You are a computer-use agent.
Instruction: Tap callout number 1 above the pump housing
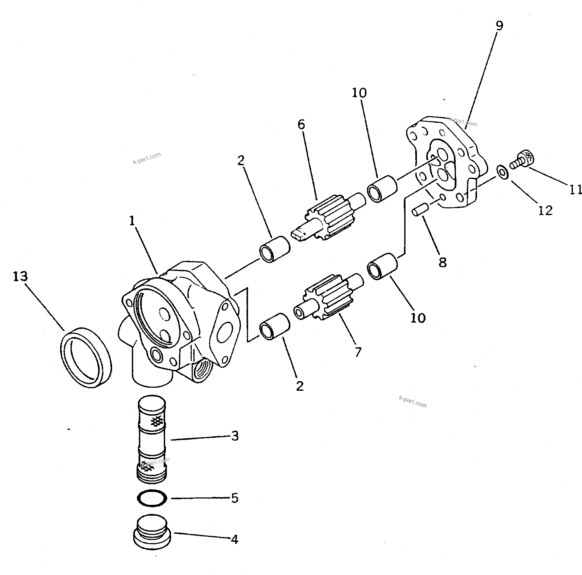click(132, 221)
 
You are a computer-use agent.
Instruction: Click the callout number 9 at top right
click(499, 26)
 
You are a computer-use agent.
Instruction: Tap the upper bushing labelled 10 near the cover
click(382, 189)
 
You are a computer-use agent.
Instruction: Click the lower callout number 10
click(418, 318)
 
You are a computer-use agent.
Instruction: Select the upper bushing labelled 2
click(274, 249)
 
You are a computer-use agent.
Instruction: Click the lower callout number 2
click(299, 386)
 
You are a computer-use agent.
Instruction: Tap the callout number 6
click(301, 124)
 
